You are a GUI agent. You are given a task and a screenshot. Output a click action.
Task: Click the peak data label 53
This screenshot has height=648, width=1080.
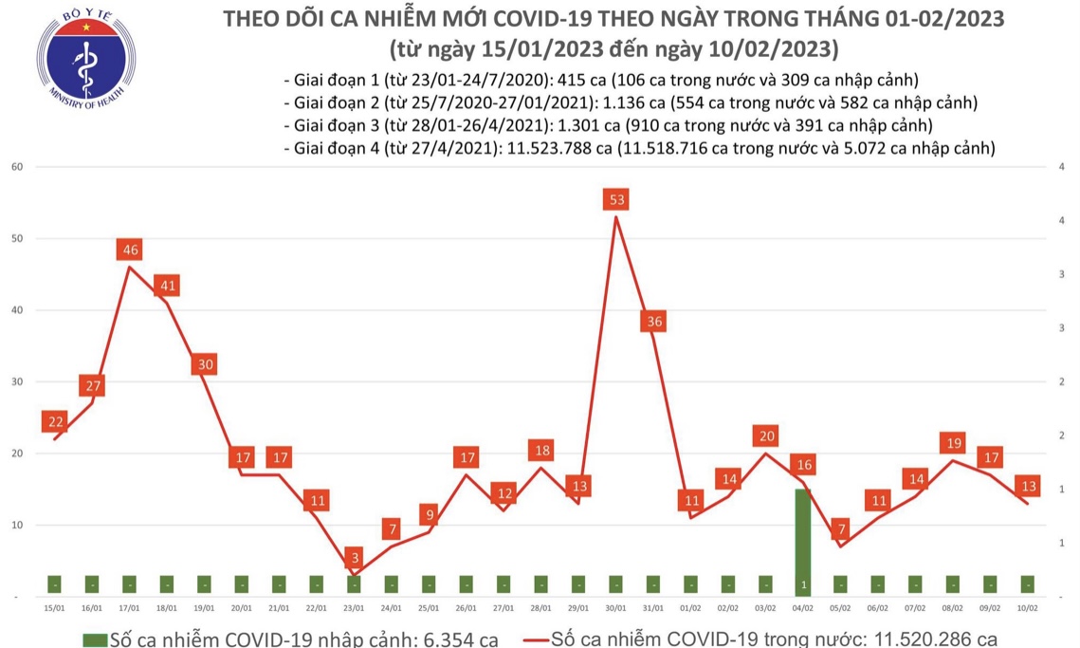(x=617, y=200)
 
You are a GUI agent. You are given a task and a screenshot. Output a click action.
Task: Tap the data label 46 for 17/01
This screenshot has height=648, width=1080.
(x=130, y=250)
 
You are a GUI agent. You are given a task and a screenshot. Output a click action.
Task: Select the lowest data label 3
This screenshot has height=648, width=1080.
(x=354, y=557)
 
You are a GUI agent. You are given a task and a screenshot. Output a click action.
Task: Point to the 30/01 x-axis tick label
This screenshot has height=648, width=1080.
(x=615, y=608)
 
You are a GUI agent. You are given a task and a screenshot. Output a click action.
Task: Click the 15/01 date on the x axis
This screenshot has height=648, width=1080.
(x=55, y=608)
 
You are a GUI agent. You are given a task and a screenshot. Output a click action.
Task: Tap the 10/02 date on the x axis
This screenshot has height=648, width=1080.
(x=1027, y=608)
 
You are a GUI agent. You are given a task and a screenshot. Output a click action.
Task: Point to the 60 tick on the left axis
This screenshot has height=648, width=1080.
(x=17, y=167)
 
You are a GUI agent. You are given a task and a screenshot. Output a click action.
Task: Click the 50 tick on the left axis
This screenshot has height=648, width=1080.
(x=17, y=239)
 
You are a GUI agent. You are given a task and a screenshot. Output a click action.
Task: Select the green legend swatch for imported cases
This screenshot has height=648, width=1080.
(x=95, y=639)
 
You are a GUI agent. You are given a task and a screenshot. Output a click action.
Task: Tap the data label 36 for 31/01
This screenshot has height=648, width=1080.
(x=653, y=322)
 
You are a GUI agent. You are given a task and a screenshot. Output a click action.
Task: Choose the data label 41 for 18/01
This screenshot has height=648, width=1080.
(x=167, y=286)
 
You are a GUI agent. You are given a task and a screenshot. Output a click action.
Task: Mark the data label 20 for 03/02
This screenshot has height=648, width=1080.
(x=765, y=436)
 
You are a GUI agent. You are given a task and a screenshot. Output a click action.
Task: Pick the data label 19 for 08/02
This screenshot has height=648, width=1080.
(x=952, y=443)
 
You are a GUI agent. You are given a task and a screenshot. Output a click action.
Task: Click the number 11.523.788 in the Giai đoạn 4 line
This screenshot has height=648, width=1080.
(x=544, y=148)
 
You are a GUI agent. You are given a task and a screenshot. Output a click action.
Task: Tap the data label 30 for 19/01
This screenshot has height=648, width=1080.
(x=204, y=364)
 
